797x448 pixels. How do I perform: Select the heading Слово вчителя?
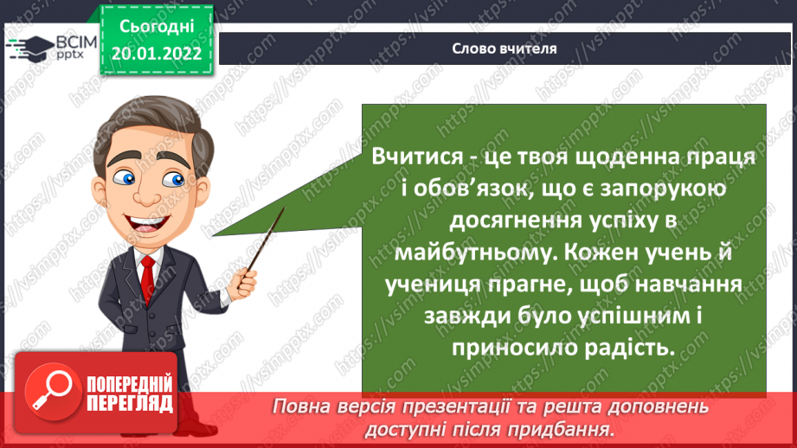pyautogui.click(x=504, y=48)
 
